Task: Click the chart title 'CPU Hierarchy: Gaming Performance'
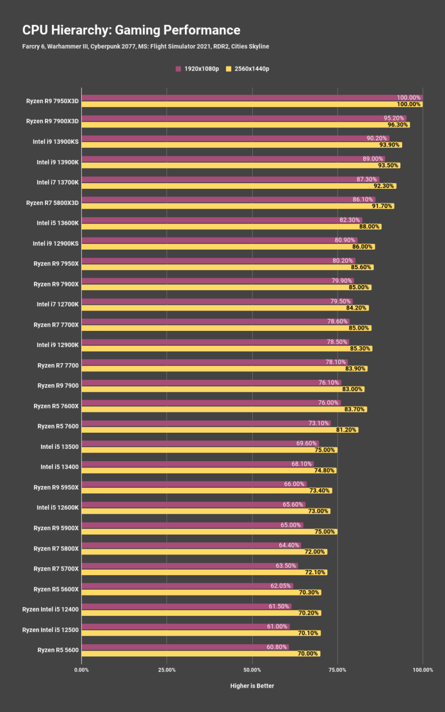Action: (131, 30)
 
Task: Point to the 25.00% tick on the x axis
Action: (167, 670)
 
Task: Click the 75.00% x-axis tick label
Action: (337, 670)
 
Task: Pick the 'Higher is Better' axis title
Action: (252, 686)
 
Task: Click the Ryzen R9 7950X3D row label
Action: (52, 101)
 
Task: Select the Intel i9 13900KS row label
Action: (56, 141)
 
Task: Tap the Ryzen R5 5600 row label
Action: (58, 650)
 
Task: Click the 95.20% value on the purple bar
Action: (394, 118)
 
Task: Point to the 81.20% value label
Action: (346, 430)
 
